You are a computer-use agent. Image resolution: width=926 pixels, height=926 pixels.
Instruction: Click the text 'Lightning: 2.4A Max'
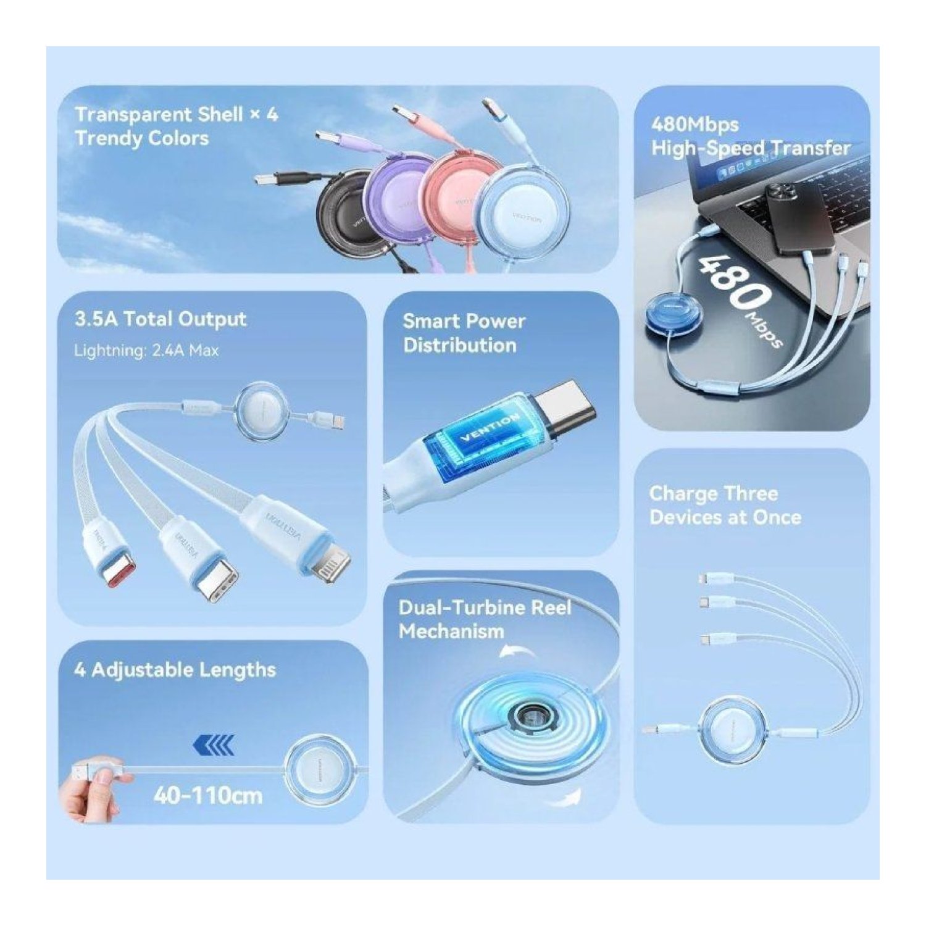(x=146, y=351)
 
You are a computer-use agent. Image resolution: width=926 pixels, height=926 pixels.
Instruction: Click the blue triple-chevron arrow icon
(x=214, y=746)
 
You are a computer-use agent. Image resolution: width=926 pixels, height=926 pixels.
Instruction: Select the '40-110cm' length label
(x=208, y=795)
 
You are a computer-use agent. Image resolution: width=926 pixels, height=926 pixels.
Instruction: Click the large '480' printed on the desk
(x=735, y=282)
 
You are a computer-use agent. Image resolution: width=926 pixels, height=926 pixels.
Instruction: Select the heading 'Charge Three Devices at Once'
(x=725, y=505)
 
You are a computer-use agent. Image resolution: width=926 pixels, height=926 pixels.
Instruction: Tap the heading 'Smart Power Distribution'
(x=464, y=333)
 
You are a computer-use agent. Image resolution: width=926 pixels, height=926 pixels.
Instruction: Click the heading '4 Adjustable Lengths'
(x=175, y=670)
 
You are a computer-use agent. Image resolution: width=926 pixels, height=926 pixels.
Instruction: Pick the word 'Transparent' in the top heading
(x=133, y=115)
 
